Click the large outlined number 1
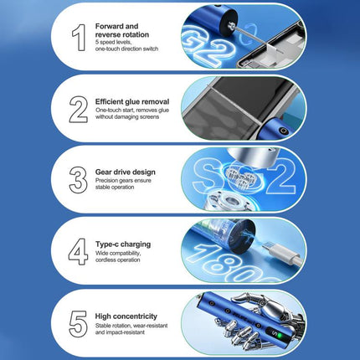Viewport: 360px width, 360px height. pos(79,38)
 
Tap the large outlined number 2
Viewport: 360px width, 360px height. pos(79,110)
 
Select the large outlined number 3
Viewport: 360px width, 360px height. pos(78,180)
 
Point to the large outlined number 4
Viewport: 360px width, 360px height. pos(79,251)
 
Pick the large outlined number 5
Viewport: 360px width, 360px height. pos(78,324)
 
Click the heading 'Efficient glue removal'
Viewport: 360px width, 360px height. pos(132,101)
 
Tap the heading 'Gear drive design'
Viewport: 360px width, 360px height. pos(126,172)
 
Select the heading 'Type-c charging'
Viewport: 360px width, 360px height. pos(123,244)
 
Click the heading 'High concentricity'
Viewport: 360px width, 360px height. pos(126,316)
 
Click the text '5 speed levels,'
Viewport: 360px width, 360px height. pos(113,43)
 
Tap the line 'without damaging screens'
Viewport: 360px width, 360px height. pos(127,117)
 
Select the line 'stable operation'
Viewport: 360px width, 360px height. pos(115,188)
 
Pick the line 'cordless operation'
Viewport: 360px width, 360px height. pos(118,260)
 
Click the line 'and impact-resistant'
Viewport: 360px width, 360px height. pos(120,332)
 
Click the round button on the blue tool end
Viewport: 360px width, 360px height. pos(284,131)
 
